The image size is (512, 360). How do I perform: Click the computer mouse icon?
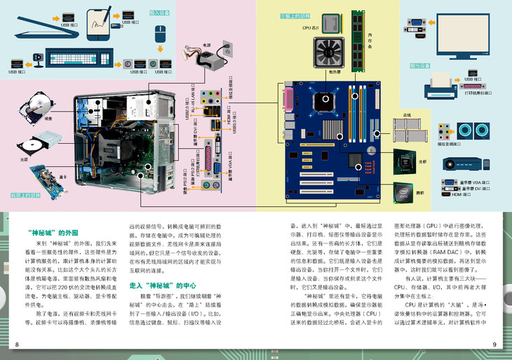[159, 33]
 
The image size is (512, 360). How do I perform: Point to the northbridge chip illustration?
[406, 157]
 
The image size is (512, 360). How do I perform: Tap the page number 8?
[17, 344]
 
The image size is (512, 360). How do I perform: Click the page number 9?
[494, 344]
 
